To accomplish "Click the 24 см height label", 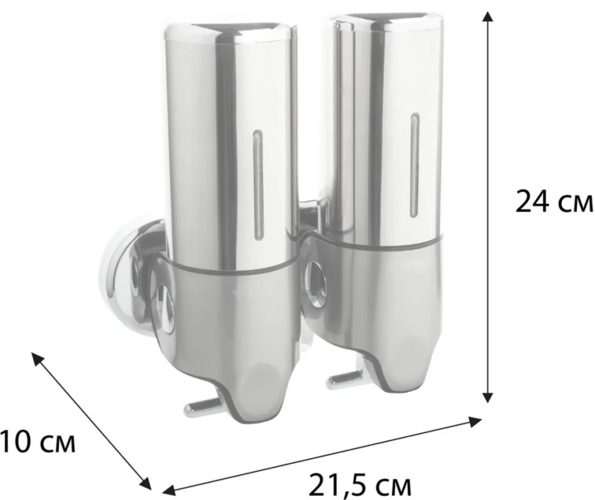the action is click(555, 202).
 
